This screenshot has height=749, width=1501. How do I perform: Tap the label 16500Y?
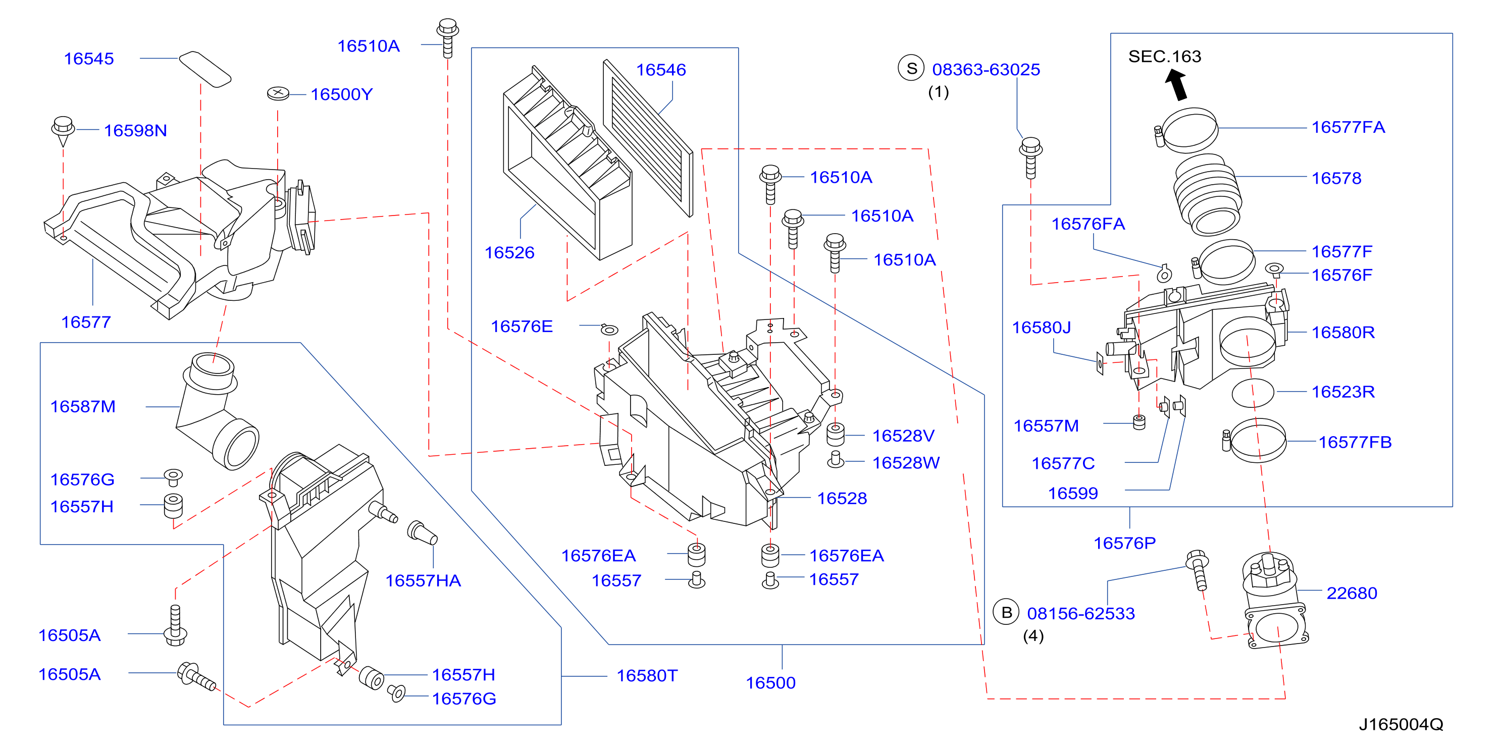[341, 94]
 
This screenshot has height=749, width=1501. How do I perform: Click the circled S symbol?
[911, 69]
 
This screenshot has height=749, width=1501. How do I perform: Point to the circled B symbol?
[1006, 612]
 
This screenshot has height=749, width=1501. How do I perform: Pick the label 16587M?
[83, 406]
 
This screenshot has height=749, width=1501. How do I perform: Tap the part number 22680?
[1352, 593]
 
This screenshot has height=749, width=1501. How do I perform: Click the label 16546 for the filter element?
[661, 70]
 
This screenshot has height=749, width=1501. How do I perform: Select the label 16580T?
[647, 676]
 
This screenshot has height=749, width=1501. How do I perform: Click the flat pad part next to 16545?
[204, 69]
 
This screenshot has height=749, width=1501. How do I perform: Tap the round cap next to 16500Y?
[278, 93]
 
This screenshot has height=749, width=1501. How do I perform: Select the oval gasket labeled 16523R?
[1253, 393]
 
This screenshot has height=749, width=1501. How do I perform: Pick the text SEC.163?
[1165, 57]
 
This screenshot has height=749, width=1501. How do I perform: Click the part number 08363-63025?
[986, 70]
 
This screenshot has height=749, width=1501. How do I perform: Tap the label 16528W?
[906, 462]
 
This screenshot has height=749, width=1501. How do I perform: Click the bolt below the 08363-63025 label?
[1030, 157]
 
